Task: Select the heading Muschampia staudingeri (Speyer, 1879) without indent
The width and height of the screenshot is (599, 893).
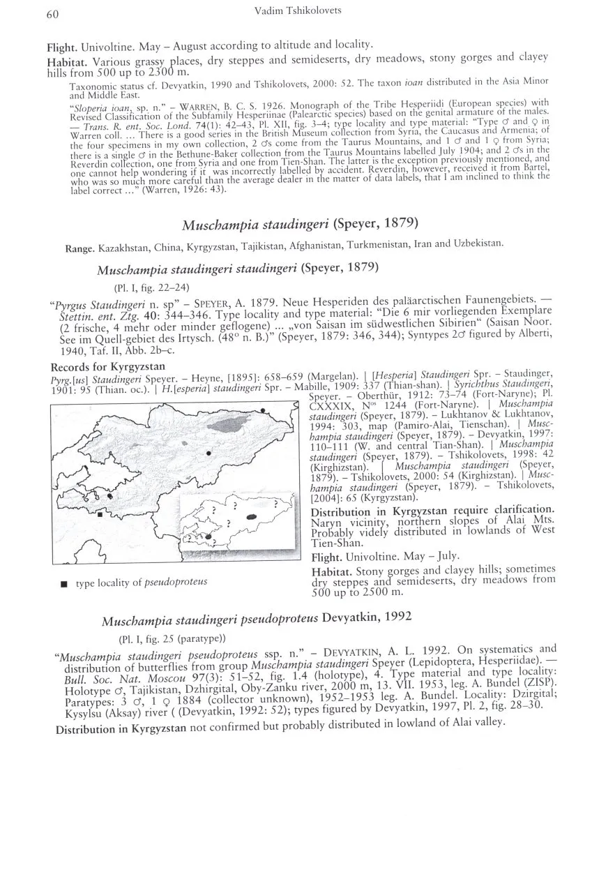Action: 300,224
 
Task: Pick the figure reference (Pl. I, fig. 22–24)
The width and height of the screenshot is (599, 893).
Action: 151,287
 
